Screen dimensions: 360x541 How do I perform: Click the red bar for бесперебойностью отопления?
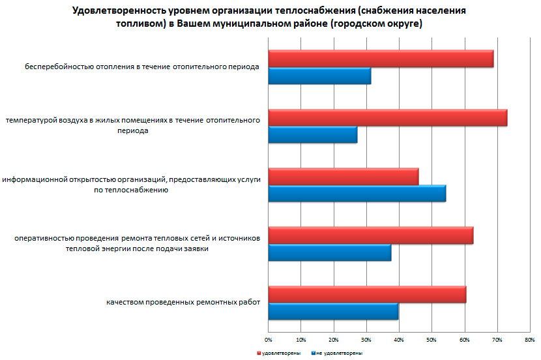click(x=381, y=59)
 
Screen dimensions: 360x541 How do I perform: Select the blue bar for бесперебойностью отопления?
click(x=319, y=76)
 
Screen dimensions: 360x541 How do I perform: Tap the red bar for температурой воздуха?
click(x=387, y=118)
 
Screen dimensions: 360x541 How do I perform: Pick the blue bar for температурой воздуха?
click(x=313, y=135)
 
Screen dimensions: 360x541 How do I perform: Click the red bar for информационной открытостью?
click(x=344, y=177)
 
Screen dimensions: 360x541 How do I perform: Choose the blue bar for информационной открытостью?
click(x=357, y=194)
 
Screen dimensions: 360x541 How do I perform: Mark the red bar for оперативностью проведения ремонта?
click(x=371, y=235)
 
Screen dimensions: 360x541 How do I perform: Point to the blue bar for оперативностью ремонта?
click(x=330, y=252)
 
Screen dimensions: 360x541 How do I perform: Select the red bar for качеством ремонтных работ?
click(x=367, y=294)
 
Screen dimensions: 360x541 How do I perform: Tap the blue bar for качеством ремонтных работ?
click(x=333, y=311)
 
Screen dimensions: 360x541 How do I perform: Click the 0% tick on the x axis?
click(x=268, y=340)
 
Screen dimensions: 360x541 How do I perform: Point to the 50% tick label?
click(x=431, y=340)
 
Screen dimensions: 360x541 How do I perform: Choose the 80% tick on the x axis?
click(x=529, y=340)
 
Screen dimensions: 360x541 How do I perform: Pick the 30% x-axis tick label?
click(x=366, y=340)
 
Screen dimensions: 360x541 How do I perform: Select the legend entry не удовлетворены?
click(x=337, y=352)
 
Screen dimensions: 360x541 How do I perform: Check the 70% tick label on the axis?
click(x=497, y=340)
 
